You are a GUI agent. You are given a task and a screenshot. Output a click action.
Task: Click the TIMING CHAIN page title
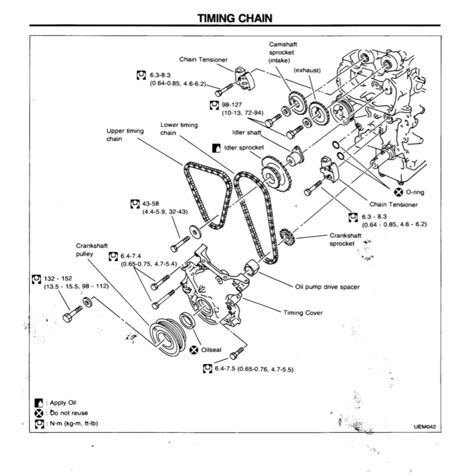point(235,19)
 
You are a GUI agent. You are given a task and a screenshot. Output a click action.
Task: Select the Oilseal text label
point(211,350)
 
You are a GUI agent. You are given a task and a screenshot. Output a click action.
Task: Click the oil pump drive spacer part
point(251,268)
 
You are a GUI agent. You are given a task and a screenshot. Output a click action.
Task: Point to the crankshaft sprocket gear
point(286,236)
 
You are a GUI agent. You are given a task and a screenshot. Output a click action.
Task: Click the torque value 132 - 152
point(58,278)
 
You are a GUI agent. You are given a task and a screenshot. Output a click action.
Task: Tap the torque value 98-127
point(232,104)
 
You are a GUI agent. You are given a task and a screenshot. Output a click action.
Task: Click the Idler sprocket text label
point(244,148)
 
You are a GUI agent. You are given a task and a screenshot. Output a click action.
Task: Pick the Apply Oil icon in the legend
point(38,403)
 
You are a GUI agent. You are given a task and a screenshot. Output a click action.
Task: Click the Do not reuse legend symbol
point(38,413)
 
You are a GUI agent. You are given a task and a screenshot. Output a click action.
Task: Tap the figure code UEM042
point(424,427)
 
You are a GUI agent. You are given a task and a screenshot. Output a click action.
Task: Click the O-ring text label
point(415,192)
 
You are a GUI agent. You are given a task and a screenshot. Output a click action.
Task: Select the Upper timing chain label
point(125,135)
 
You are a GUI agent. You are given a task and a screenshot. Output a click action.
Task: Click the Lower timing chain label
point(179,129)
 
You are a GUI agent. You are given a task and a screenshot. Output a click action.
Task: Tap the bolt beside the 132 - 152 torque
point(72,314)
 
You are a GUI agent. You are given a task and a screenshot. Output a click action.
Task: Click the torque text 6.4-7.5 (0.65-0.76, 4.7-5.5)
point(254,370)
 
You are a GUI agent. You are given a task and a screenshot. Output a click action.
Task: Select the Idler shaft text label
point(246,132)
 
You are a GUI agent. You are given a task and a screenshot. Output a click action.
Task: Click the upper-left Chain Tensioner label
point(203,60)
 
